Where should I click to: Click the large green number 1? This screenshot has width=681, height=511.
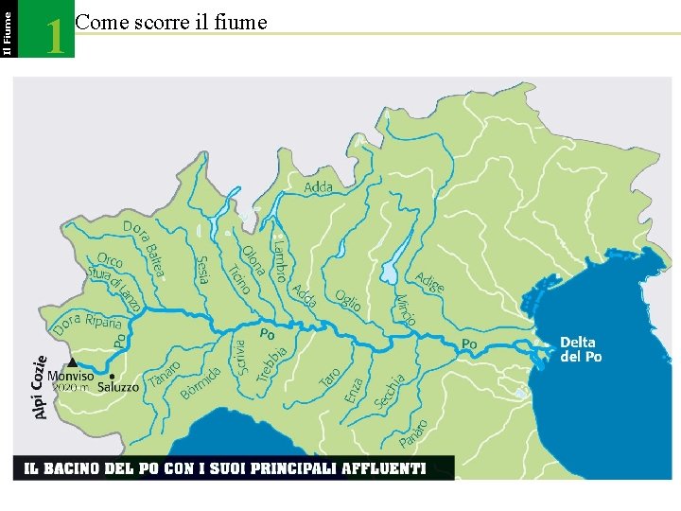point(56,36)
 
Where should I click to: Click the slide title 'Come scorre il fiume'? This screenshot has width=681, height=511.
point(170,22)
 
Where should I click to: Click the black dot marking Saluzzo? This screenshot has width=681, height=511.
point(113,376)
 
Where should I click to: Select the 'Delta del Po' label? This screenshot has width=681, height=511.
point(580,349)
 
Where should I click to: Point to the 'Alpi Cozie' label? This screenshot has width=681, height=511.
point(41,387)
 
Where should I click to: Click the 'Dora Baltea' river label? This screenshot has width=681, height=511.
point(145,249)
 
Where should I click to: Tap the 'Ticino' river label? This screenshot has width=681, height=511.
point(237,277)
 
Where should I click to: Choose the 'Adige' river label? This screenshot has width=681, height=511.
point(429,281)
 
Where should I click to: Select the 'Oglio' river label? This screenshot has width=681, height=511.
point(347,300)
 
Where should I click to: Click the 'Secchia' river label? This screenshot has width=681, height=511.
point(390,392)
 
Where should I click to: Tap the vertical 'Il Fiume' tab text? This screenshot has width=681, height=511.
point(8,28)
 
